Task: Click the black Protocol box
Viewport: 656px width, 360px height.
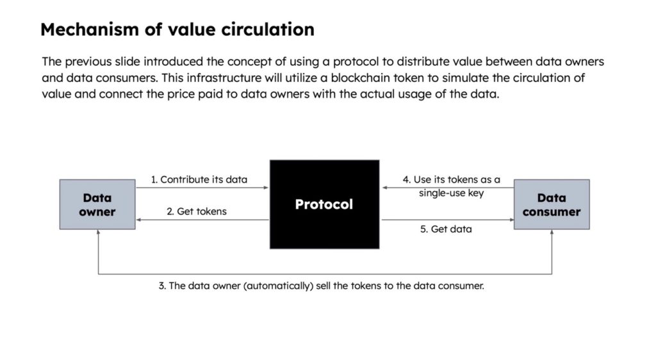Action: click(x=324, y=204)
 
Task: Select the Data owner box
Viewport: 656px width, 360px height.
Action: click(x=97, y=204)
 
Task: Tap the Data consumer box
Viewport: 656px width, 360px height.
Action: click(x=552, y=204)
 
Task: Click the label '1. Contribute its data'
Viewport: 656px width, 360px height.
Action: click(x=199, y=179)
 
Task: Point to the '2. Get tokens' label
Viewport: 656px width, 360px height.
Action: click(x=197, y=211)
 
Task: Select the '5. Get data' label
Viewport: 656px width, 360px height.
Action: click(x=446, y=229)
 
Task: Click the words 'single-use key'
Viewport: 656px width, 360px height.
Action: click(x=452, y=193)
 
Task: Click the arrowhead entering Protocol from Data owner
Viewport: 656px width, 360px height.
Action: click(x=266, y=188)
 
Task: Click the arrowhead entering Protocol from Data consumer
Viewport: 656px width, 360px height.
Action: click(x=385, y=188)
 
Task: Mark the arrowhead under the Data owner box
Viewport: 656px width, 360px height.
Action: click(x=98, y=233)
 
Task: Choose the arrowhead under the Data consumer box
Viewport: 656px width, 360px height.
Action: click(x=552, y=233)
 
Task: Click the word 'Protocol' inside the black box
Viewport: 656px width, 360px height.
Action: click(x=324, y=204)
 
